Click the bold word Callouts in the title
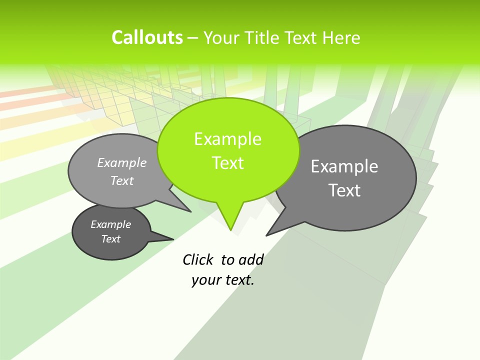point(147,37)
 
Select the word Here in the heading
point(341,38)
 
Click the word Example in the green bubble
point(227,139)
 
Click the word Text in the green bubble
point(227,163)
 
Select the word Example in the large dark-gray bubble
point(344,166)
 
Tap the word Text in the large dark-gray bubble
point(344,190)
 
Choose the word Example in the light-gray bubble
point(121,162)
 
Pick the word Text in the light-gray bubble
point(121,180)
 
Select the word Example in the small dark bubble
point(110,224)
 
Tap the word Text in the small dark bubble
point(110,239)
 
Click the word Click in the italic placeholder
point(198,259)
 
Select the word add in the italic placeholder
point(251,259)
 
